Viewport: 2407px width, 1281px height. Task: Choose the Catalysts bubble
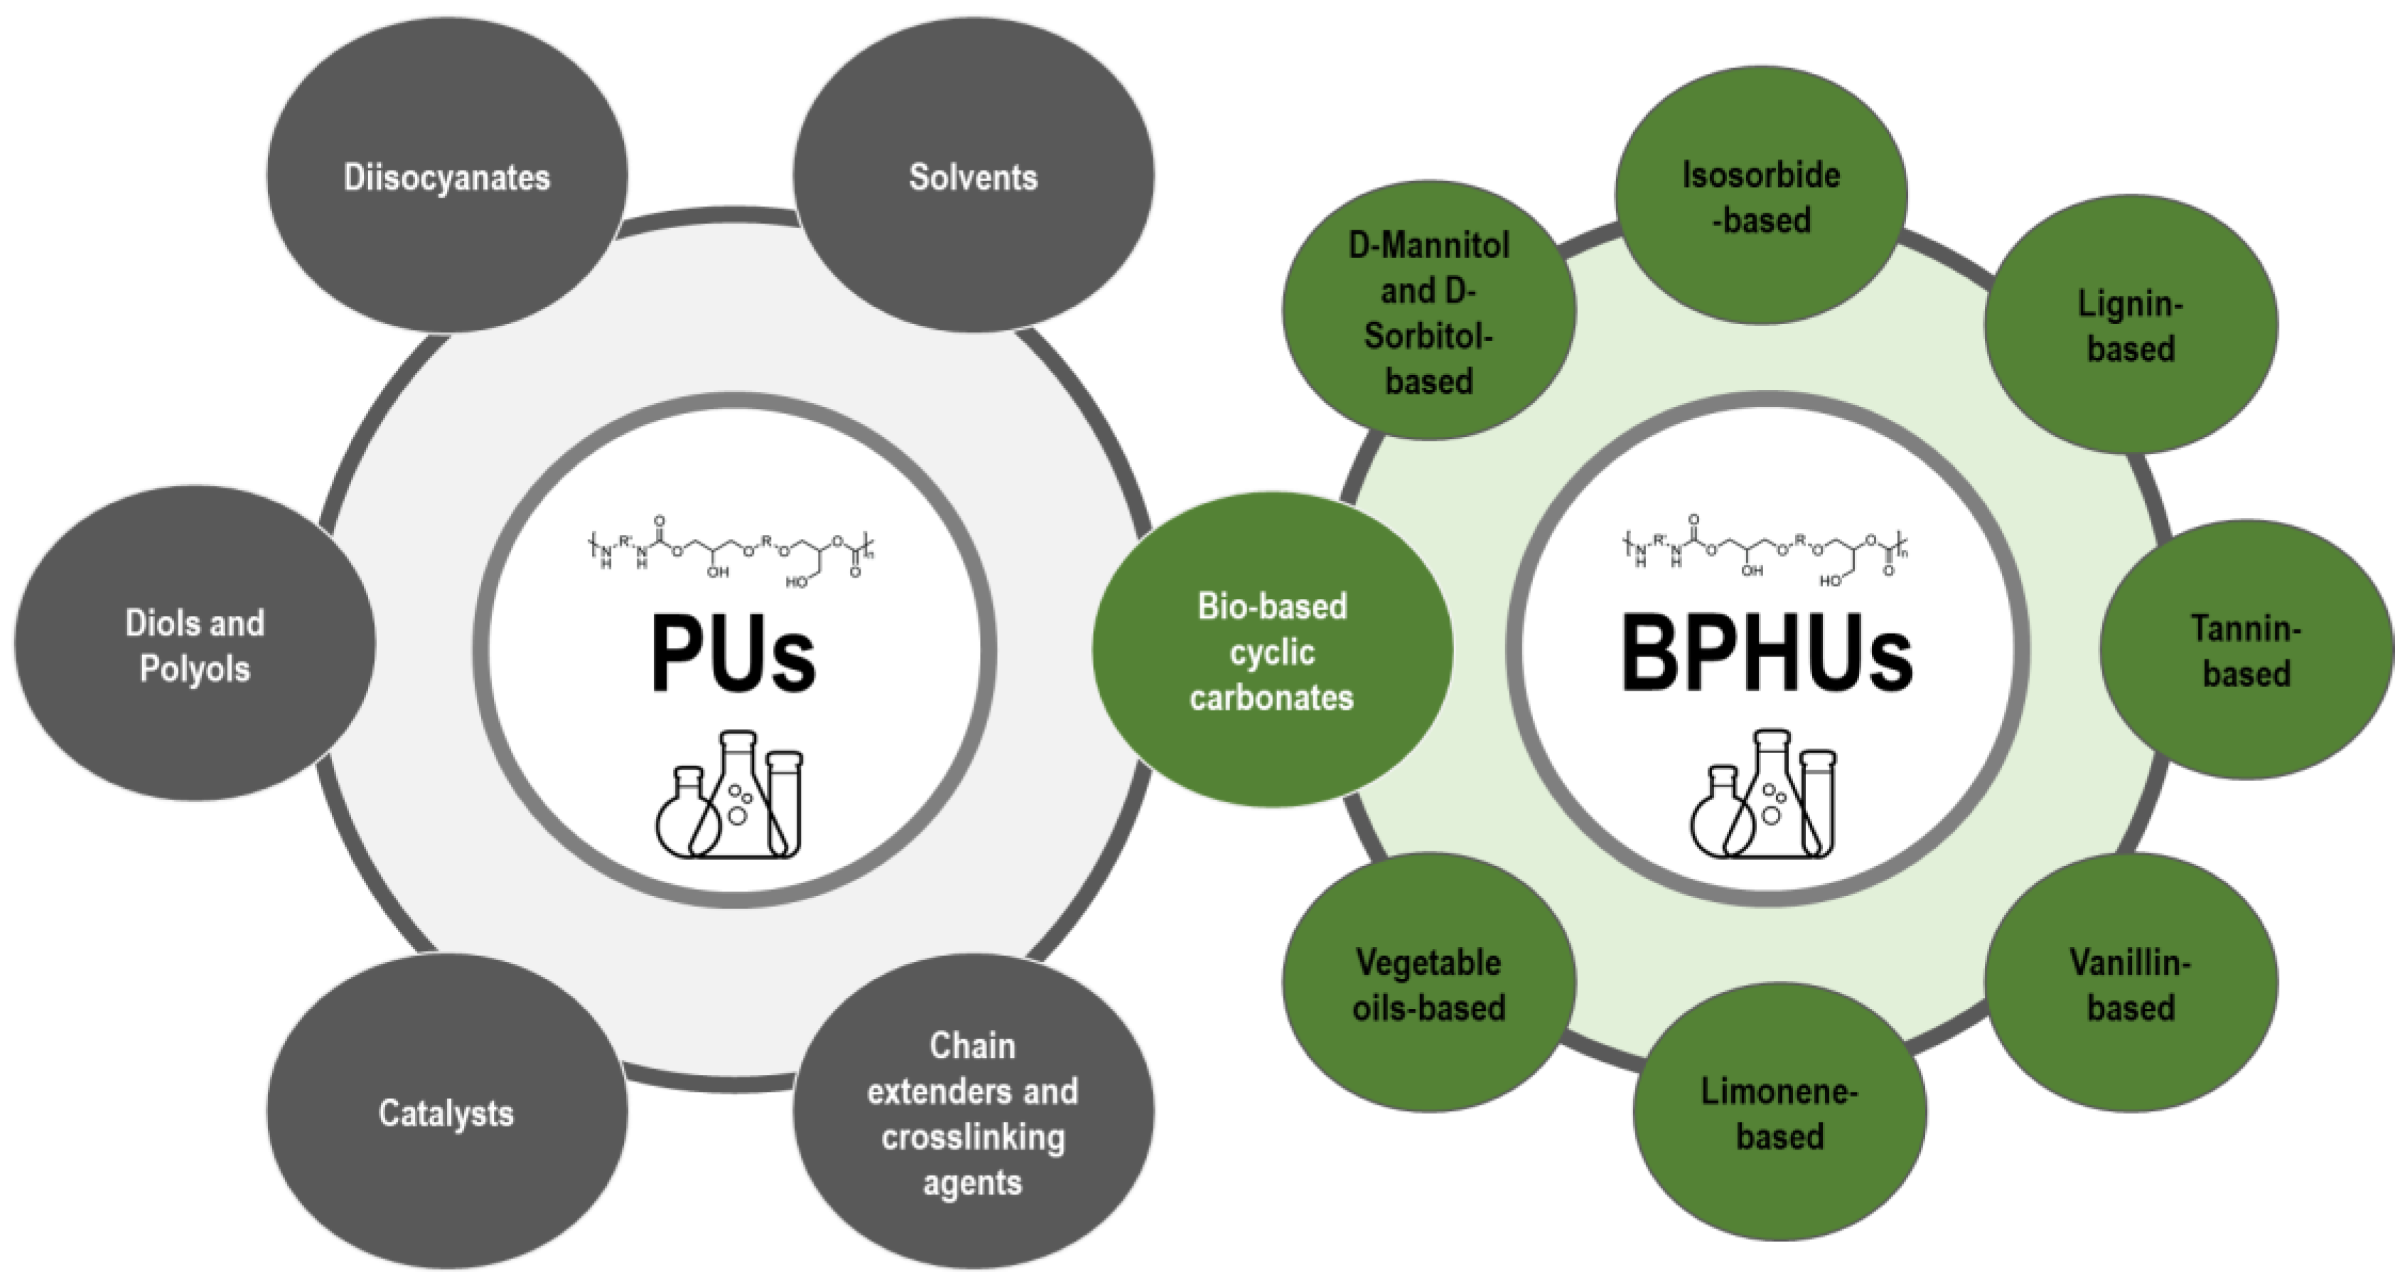point(446,1112)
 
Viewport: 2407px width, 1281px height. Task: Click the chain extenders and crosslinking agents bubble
point(973,1112)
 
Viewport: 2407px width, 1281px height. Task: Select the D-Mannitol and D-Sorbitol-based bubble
point(1428,312)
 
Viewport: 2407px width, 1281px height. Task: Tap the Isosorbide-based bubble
point(1761,196)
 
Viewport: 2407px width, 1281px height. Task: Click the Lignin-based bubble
point(2131,325)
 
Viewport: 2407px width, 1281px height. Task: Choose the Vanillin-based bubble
point(2131,984)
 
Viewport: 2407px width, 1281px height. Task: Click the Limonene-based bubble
point(1780,1113)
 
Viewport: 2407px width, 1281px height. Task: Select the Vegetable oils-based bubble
point(1428,984)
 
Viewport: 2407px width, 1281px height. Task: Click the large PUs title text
point(733,654)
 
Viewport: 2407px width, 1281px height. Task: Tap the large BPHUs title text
point(1766,654)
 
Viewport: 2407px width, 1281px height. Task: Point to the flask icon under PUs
point(730,796)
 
